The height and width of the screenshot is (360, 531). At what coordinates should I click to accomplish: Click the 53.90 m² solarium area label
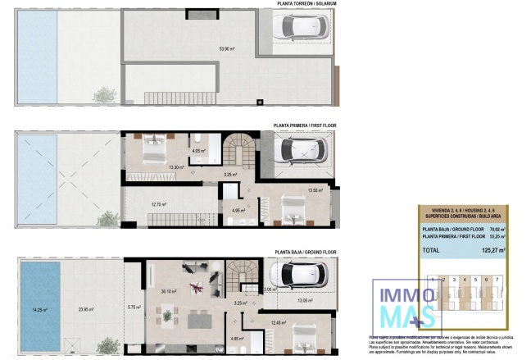click(227, 49)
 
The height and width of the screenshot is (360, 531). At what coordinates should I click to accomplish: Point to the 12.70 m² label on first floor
click(159, 204)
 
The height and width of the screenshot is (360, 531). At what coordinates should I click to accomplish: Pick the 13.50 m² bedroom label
click(315, 191)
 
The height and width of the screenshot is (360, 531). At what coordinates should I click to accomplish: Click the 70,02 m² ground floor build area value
click(497, 230)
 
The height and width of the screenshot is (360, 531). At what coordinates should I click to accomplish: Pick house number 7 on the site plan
click(497, 280)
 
